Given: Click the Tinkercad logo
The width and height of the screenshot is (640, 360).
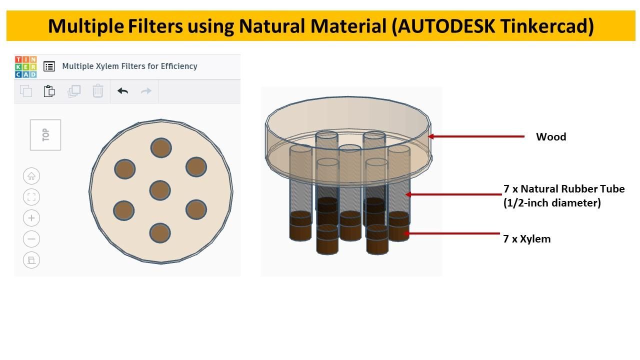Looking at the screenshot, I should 25,66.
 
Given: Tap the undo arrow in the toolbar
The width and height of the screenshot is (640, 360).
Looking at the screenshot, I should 122,91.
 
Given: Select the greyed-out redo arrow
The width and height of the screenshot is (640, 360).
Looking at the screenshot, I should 146,91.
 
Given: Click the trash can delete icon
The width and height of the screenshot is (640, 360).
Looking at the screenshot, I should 98,91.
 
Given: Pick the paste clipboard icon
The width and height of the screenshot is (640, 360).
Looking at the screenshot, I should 49,91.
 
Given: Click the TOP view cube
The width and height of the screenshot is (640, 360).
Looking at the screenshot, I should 45,134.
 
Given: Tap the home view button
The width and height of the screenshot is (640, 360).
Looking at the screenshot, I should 31,176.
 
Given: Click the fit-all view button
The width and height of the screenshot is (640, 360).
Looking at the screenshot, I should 31,197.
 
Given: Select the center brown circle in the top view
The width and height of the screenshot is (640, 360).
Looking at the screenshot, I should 160,190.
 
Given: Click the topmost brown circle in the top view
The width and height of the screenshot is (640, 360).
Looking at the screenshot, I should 161,148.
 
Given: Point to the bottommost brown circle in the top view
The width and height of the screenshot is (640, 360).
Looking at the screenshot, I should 160,233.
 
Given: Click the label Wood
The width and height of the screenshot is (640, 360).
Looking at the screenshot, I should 551,137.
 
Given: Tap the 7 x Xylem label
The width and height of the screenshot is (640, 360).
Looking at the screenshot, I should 527,239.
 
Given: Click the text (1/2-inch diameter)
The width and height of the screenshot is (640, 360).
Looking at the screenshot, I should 552,203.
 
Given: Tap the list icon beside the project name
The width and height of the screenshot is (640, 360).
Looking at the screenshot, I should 49,66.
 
